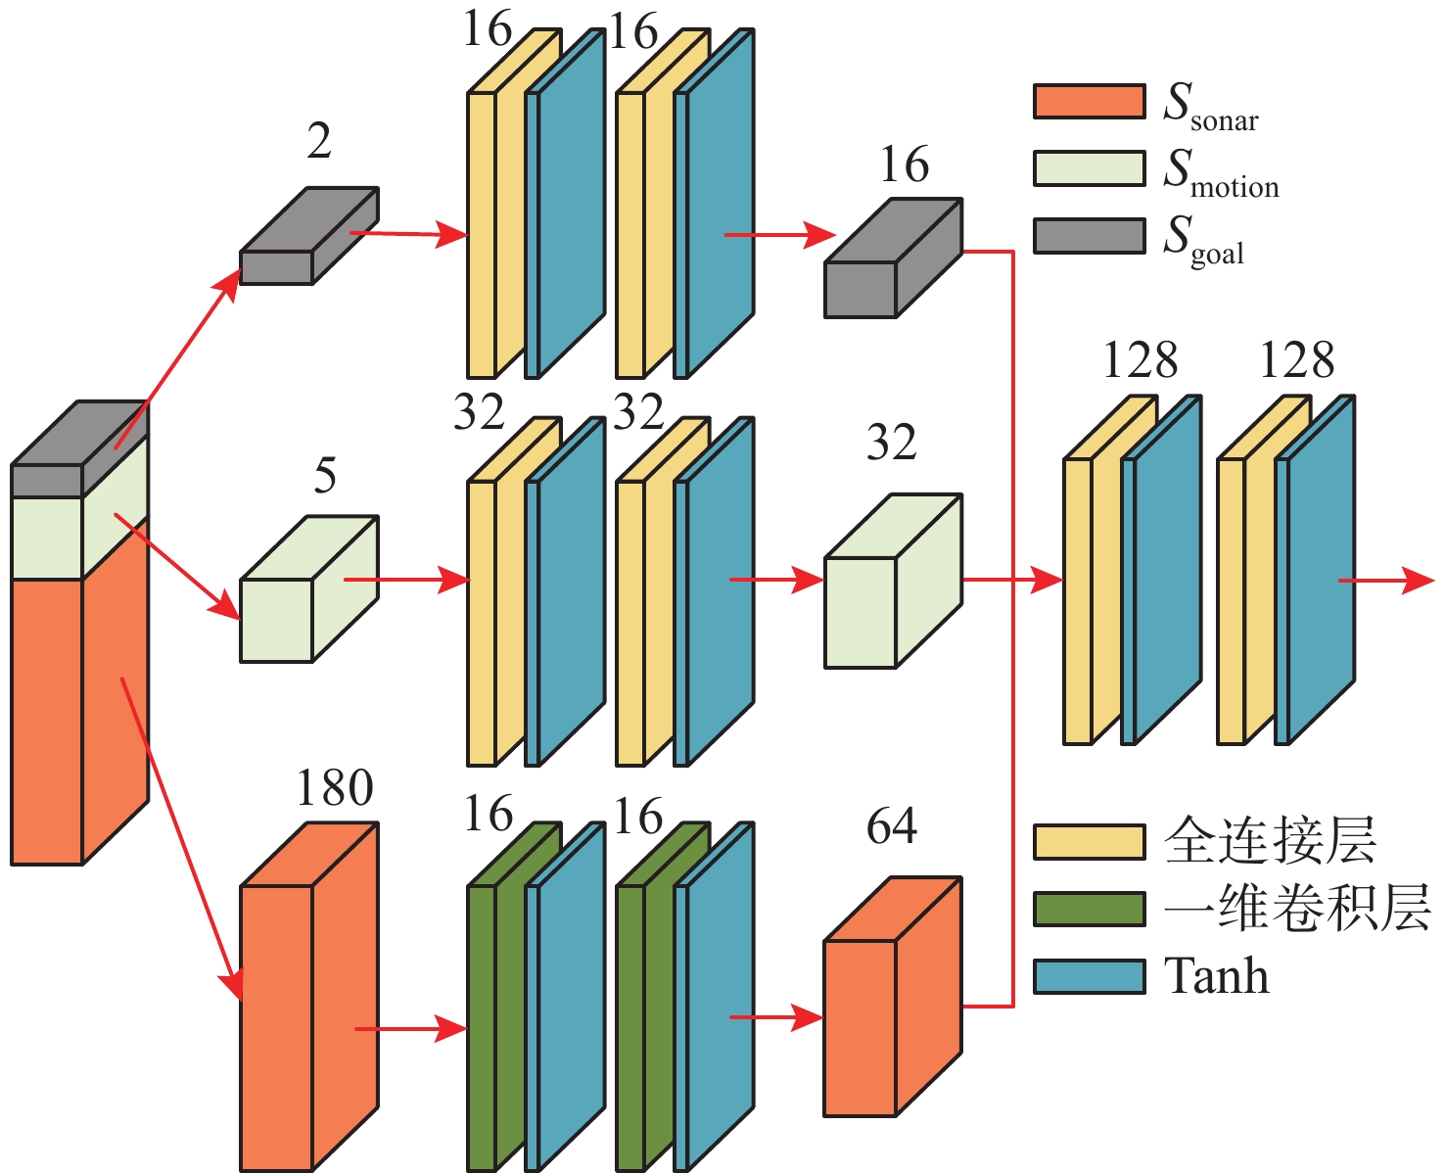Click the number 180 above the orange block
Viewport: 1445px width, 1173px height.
(335, 788)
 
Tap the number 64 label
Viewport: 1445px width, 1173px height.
(892, 826)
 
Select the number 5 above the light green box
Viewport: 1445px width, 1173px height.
(325, 476)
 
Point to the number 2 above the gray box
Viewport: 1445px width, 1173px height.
(319, 141)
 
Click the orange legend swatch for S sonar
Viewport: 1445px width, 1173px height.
(1089, 102)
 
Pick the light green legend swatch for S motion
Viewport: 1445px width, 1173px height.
(1089, 168)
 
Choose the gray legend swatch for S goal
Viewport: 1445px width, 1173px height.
(1089, 236)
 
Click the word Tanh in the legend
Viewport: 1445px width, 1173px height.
(1216, 976)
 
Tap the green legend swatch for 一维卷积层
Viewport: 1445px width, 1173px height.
(1089, 909)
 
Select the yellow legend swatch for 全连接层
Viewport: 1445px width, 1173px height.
(1089, 842)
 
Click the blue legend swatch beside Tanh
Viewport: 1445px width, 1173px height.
(1089, 976)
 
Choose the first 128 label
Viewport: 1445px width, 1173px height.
(1140, 360)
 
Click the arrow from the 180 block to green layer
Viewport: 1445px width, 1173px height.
(411, 1028)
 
